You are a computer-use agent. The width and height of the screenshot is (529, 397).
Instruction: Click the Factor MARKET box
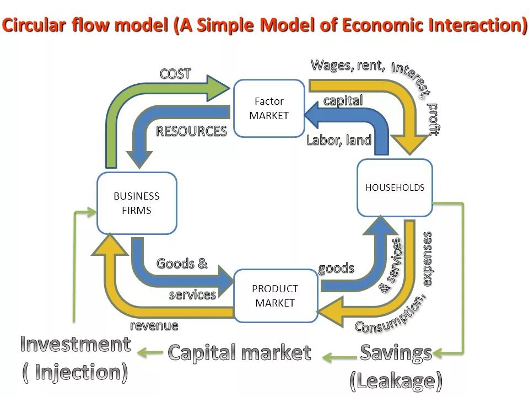(269, 108)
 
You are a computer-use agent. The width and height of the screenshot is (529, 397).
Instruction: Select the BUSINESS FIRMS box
(137, 203)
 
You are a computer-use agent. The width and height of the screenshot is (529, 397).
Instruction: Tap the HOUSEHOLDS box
(395, 187)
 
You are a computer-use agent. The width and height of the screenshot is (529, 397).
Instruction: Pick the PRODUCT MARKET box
(275, 296)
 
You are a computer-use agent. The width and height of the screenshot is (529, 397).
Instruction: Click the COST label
(175, 74)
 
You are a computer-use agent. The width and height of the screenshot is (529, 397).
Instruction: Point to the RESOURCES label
(191, 131)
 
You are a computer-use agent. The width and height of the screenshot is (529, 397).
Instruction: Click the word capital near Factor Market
(343, 100)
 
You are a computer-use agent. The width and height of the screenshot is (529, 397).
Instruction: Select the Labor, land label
(339, 140)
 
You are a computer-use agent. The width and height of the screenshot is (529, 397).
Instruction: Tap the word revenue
(154, 325)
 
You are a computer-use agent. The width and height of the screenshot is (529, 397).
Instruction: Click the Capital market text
(239, 352)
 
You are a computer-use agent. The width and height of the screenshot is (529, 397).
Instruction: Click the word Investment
(75, 345)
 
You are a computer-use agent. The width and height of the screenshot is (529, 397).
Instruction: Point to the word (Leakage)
(396, 380)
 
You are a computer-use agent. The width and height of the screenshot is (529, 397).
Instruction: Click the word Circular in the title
(39, 26)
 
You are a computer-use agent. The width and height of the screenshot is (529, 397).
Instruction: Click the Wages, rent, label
(348, 65)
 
